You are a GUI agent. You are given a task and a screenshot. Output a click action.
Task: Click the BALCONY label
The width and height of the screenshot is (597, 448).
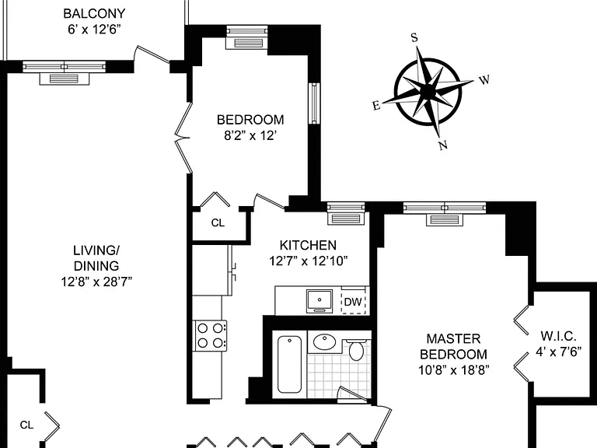tap(94, 14)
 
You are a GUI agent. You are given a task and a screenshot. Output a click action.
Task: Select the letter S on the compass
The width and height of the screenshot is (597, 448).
tap(414, 37)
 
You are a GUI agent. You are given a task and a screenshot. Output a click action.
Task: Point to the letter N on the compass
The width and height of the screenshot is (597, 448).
tap(442, 145)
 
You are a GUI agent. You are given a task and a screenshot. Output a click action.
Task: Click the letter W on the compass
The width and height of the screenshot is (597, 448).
tap(484, 80)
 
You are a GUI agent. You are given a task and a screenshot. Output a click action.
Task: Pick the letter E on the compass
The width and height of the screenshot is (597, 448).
tap(376, 106)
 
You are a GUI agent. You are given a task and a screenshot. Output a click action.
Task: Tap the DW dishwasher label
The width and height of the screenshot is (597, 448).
tap(353, 302)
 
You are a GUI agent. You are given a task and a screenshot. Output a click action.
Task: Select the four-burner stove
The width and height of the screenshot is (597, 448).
tap(210, 336)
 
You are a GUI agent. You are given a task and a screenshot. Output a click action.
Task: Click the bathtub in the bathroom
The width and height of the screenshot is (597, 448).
tap(289, 364)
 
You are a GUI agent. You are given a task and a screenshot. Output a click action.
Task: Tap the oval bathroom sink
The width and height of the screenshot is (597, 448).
tap(324, 341)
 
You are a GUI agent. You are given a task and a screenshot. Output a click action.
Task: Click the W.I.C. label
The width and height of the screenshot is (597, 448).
tap(558, 336)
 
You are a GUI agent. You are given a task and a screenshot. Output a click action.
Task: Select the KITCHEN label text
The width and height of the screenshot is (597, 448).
tap(308, 245)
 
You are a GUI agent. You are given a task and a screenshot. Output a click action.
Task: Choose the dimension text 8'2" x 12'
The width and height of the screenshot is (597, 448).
tap(250, 135)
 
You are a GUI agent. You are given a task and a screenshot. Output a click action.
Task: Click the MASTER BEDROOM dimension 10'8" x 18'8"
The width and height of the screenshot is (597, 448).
tap(453, 370)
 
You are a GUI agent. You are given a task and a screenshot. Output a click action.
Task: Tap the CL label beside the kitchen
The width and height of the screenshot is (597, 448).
tap(218, 223)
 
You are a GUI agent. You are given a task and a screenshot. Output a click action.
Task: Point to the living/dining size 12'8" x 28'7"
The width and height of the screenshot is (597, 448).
tap(96, 282)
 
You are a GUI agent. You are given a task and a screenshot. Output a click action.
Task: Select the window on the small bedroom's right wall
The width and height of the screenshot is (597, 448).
tap(314, 103)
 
